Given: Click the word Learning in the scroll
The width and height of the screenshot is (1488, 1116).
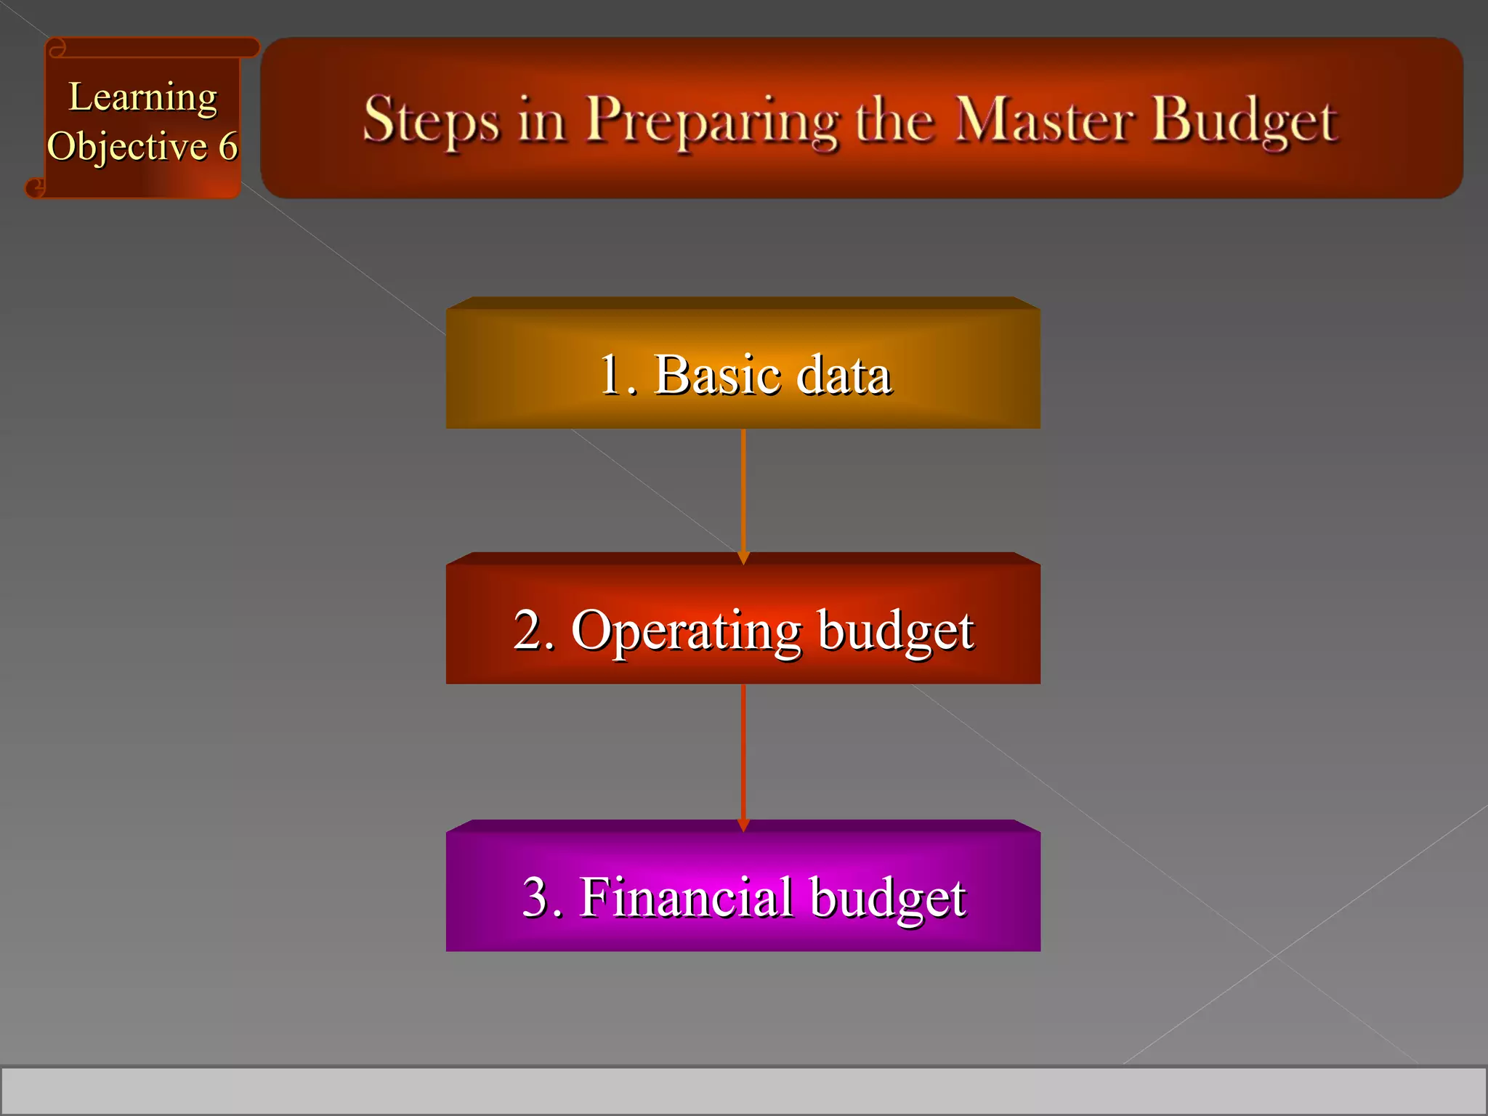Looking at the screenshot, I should point(142,98).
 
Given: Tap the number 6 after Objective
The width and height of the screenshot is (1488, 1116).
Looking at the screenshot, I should point(228,147).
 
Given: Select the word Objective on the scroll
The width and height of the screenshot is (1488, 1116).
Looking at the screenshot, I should point(127,147).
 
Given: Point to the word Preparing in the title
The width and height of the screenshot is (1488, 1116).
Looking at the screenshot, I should point(712,120).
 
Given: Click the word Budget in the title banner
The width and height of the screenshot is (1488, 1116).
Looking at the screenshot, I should point(1245,120).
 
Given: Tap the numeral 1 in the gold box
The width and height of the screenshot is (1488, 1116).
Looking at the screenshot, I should point(610,375).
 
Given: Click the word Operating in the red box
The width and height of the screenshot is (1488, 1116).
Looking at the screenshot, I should point(686,631).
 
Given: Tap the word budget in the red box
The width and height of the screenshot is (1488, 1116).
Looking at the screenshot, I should point(895,631).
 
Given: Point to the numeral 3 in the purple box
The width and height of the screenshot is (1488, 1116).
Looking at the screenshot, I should point(537,897).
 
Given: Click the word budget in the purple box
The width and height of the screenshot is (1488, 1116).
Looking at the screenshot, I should point(887,898).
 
